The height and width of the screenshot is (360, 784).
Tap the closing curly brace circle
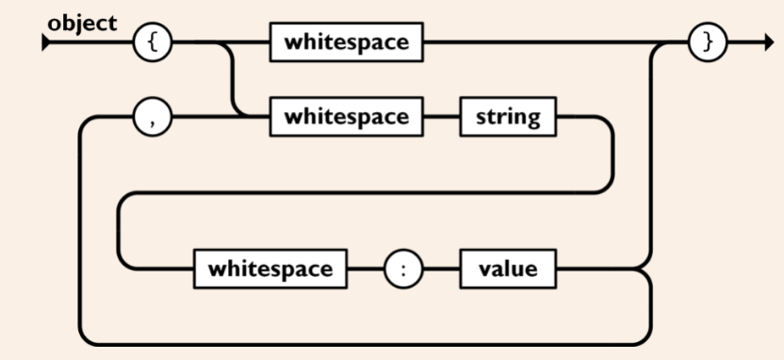(708, 42)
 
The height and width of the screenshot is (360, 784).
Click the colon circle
(403, 269)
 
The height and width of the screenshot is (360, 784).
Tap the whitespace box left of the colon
(270, 269)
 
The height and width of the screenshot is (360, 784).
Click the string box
(507, 117)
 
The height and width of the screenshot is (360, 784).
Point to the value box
(507, 269)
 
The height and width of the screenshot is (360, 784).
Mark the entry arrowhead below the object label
(46, 43)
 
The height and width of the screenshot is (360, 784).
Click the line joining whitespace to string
(440, 117)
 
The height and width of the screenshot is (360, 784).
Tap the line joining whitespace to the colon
(366, 269)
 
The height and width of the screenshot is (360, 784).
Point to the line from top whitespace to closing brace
(547, 42)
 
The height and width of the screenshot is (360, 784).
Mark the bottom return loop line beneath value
(377, 343)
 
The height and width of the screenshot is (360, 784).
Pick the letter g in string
(534, 120)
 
